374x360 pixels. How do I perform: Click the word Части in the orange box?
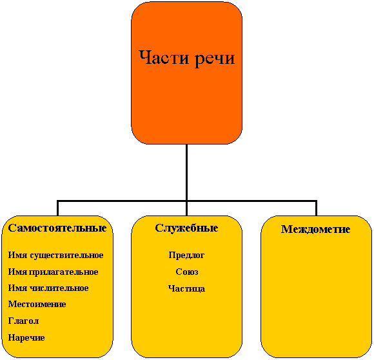coord(164,57)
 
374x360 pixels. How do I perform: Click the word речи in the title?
coord(215,59)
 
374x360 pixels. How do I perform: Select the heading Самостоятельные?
coord(57,228)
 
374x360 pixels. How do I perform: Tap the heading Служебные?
coord(186,228)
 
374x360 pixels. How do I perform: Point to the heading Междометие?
coord(316,229)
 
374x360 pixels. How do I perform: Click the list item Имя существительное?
coord(56,255)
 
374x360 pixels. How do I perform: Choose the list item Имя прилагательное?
coord(53,272)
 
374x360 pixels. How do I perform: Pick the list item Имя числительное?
coord(48,288)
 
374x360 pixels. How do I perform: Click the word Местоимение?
coord(37,305)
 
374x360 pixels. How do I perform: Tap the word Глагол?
coord(23,321)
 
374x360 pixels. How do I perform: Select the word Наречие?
coord(26,338)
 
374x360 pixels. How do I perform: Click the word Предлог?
coord(186,255)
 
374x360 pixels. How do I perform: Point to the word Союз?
coord(187,272)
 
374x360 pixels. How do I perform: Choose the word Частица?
coord(186,288)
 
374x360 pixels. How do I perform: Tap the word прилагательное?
coord(64,272)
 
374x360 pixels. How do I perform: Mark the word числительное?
coord(59,288)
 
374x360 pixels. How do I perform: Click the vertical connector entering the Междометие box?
coord(316,208)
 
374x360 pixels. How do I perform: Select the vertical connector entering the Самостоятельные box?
coord(57,208)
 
